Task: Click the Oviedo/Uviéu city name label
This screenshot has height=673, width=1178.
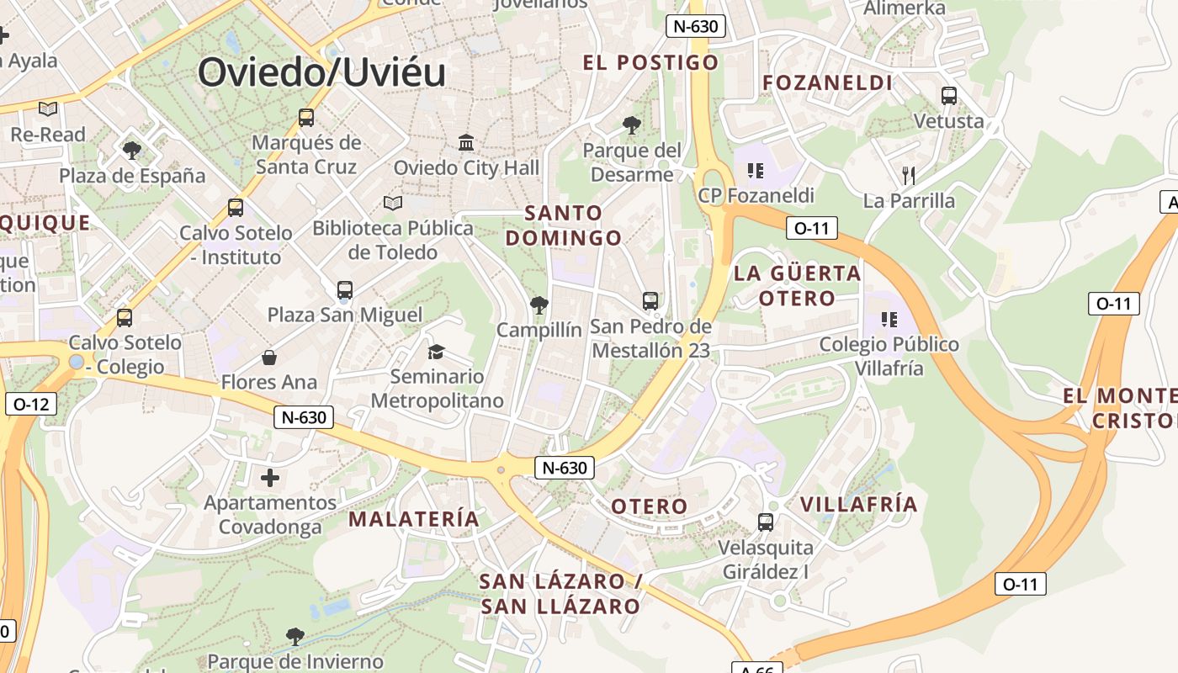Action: [x=322, y=72]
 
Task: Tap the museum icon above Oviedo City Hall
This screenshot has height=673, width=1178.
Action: [x=466, y=142]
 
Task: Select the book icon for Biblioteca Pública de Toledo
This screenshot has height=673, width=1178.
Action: [x=392, y=203]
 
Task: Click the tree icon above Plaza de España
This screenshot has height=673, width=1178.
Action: [x=131, y=151]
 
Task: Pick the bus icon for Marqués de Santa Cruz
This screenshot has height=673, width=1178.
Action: [x=306, y=118]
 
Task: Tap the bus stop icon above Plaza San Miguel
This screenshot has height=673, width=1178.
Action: [x=345, y=290]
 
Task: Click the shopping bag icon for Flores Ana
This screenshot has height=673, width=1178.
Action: [x=269, y=358]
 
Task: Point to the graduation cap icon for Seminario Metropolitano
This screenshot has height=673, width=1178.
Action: [x=436, y=352]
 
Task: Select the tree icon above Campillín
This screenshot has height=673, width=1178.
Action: [x=539, y=305]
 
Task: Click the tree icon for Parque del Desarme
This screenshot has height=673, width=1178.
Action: [x=632, y=126]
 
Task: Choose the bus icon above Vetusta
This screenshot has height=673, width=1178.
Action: [x=949, y=96]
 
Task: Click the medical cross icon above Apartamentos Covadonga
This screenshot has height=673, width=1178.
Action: [x=270, y=479]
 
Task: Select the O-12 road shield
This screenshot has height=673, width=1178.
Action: [x=31, y=404]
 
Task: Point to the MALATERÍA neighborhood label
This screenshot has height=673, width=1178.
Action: [x=414, y=519]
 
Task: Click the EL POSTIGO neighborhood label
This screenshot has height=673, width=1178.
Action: [x=651, y=62]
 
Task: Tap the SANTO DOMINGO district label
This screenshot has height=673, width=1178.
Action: [x=564, y=225]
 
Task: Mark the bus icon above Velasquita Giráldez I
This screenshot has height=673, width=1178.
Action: [x=766, y=522]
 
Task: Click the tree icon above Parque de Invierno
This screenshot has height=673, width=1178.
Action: [x=294, y=636]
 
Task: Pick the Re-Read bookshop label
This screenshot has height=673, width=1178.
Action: [x=48, y=135]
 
